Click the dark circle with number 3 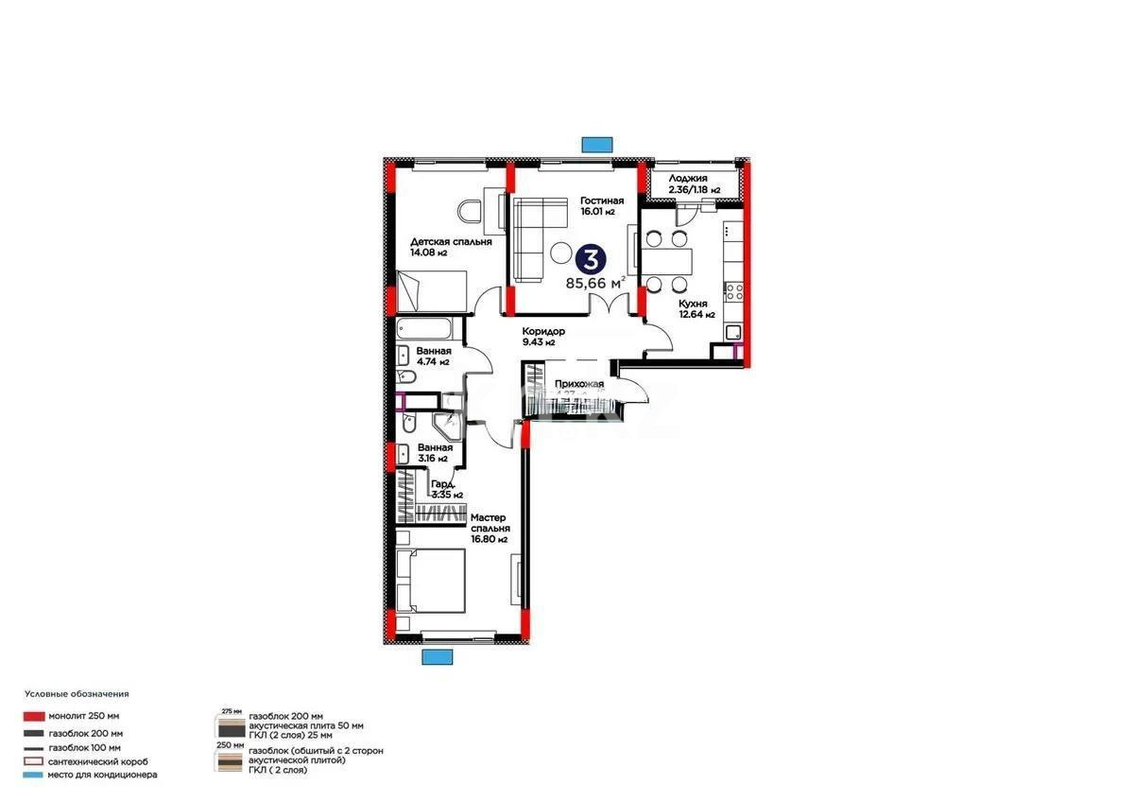[592, 258]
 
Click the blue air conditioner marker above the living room [596, 144]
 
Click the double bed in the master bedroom [431, 580]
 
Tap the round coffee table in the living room [561, 253]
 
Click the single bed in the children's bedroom [432, 290]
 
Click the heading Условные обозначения [77, 694]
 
